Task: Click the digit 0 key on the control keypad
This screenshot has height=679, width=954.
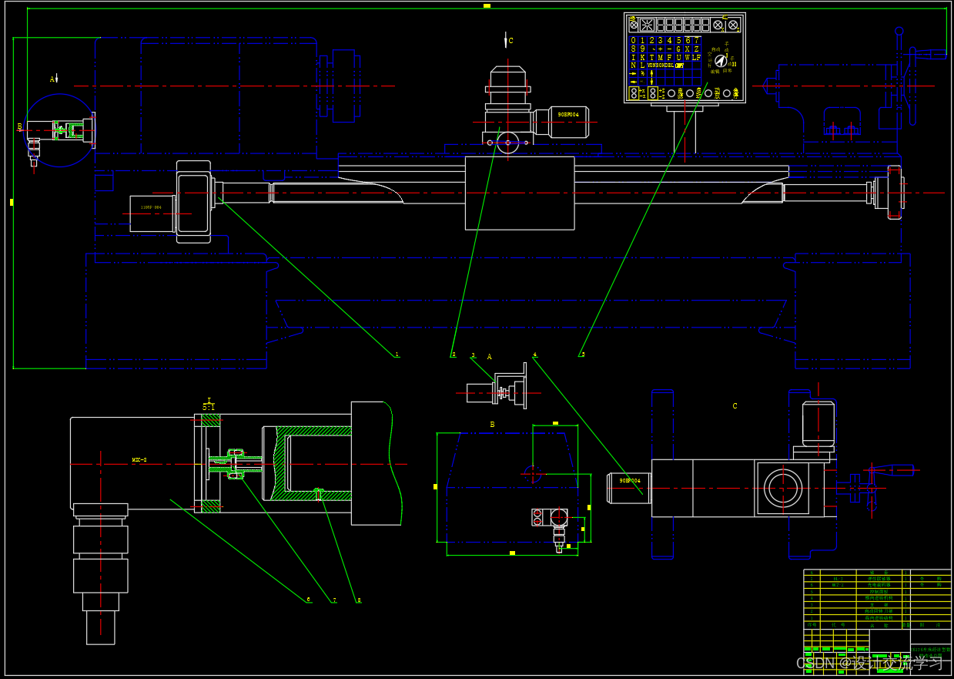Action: [634, 40]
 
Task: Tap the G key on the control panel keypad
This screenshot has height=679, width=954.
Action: [678, 49]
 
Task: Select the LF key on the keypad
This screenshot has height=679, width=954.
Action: [696, 57]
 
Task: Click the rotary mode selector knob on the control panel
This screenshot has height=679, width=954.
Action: [721, 61]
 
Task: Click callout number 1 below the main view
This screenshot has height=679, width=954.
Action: [397, 355]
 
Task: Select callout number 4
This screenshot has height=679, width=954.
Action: [534, 355]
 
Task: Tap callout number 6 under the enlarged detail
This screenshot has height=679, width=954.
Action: [308, 599]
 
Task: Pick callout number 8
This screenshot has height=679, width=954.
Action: [358, 600]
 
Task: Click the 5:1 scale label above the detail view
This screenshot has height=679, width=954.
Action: [209, 406]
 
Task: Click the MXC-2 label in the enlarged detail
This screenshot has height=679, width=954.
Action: [139, 460]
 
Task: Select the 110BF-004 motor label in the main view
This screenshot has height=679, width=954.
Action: [151, 207]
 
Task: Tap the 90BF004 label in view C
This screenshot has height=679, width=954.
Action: [630, 480]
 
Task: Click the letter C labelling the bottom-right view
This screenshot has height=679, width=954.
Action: [735, 406]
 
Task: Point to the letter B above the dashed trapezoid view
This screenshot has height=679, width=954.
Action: [492, 424]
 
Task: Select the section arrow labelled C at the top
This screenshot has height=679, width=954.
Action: [506, 41]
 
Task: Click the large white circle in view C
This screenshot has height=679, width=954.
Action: [783, 488]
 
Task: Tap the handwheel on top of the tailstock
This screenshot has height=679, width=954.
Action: [899, 77]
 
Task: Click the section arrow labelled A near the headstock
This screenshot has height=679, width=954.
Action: [54, 79]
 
